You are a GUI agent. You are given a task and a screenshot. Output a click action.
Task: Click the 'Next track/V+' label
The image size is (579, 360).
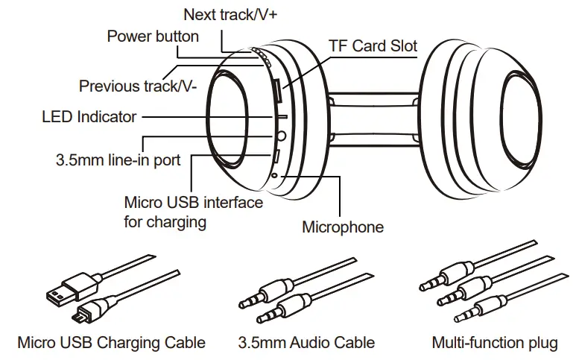click(230, 14)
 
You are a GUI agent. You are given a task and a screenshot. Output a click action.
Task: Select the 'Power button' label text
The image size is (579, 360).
click(153, 36)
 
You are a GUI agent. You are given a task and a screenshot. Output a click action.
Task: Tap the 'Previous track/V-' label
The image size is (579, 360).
click(138, 86)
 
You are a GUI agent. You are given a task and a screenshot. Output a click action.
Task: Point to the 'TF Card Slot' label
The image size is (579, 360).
click(373, 45)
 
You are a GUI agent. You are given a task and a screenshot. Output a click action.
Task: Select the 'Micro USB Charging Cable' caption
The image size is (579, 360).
click(111, 343)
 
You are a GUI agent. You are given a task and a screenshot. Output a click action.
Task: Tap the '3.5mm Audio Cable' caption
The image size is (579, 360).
click(306, 343)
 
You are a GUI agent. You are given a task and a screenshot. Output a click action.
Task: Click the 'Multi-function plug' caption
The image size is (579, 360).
click(494, 343)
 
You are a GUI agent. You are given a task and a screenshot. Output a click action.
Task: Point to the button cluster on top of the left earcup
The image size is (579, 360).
click(260, 57)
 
